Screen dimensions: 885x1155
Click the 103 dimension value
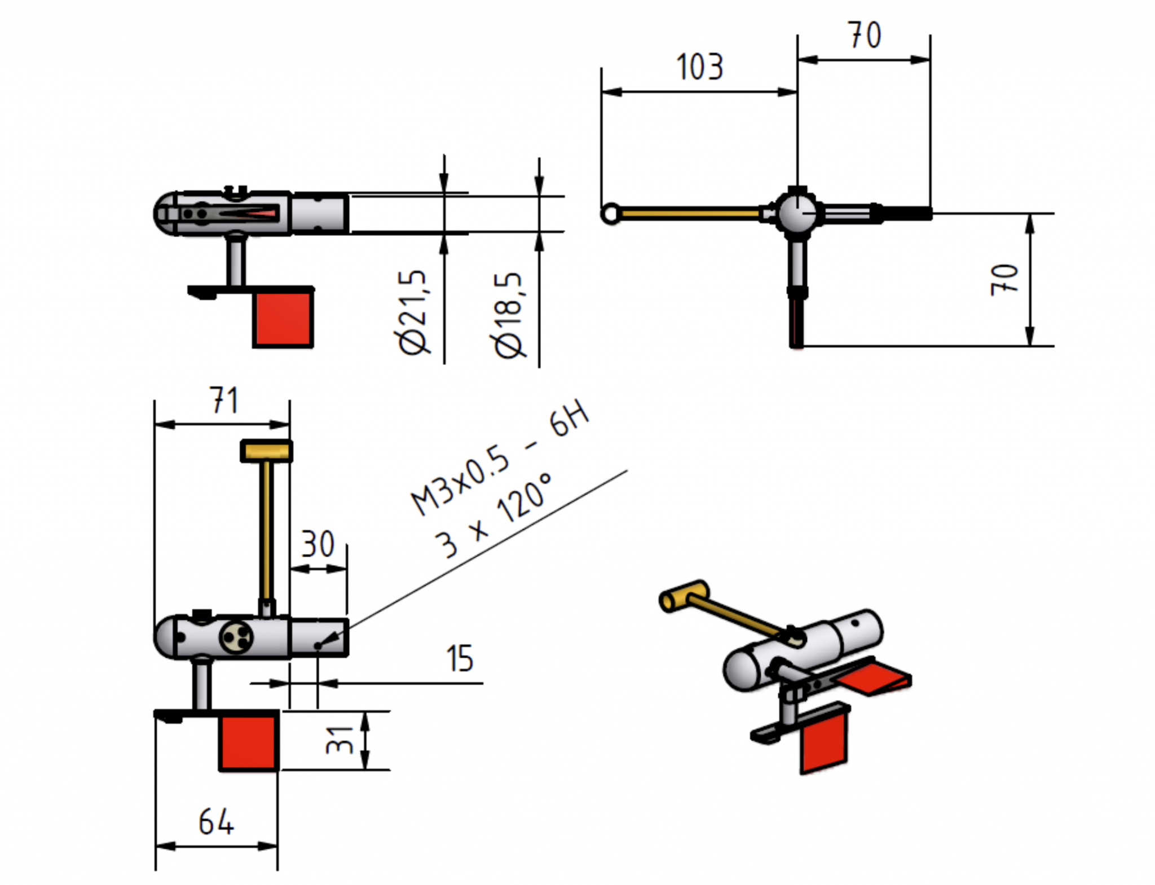coord(699,67)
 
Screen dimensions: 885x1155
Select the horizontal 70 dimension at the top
coord(865,35)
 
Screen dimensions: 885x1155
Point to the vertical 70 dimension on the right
coord(1004,279)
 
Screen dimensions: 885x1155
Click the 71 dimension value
coord(224,400)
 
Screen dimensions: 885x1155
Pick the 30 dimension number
coord(318,544)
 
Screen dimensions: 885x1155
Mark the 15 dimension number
coord(460,658)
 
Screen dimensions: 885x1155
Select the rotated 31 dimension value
coord(340,740)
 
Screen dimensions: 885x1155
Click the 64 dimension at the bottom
coord(216,822)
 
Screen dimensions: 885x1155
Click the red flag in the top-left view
coord(283,318)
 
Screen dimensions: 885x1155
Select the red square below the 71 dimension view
coord(249,742)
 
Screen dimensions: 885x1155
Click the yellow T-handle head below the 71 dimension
coord(267,451)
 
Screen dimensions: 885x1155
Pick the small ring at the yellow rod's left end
coord(610,214)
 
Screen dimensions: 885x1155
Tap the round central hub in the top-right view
coord(796,213)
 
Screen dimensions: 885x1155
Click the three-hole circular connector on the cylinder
coord(236,637)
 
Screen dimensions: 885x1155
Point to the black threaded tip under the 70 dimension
coord(906,214)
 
